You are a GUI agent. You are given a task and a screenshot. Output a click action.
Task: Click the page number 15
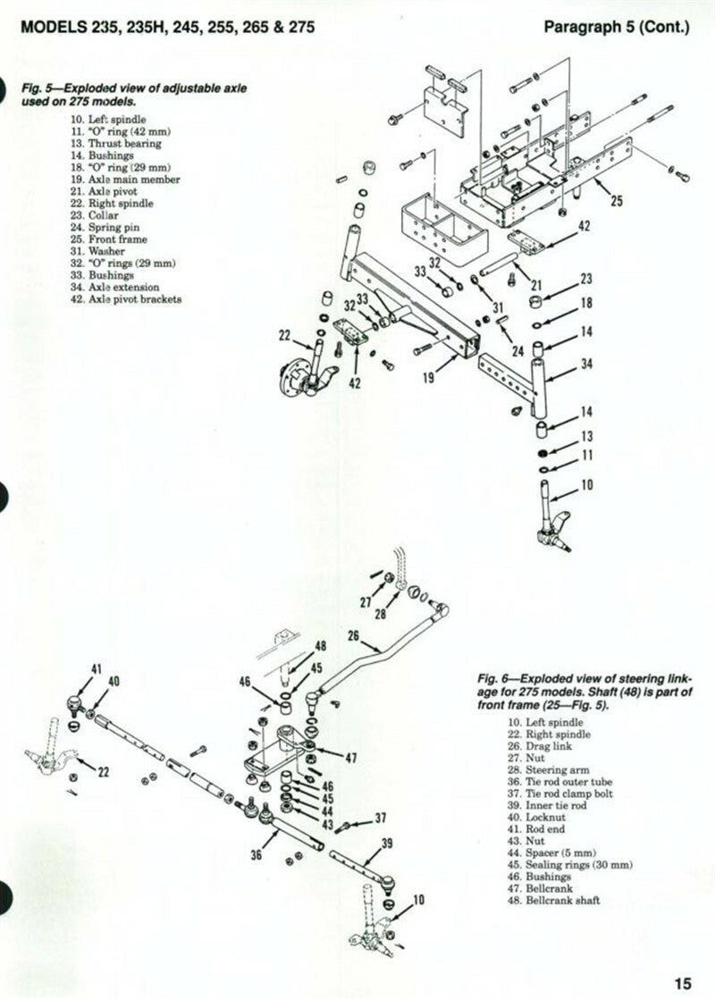coord(683,983)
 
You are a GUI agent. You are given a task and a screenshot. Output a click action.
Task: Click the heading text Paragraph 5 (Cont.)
coord(617,27)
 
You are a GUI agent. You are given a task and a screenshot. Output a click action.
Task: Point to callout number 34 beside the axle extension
coord(586,364)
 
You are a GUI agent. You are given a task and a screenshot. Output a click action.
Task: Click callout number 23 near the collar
coord(586,279)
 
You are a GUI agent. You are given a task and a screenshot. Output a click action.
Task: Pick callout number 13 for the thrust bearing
coord(586,436)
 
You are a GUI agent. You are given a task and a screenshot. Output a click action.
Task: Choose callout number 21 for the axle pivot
coord(536,285)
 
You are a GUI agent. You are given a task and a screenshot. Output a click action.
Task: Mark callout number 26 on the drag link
coord(352,637)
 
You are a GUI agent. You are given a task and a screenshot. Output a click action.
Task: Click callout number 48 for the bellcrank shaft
coord(320,645)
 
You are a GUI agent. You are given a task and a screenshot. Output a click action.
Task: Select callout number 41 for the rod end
coord(97,668)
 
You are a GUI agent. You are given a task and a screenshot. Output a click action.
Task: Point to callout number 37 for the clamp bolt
coord(380,817)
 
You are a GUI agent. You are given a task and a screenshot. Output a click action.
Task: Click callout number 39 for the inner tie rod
coord(387,843)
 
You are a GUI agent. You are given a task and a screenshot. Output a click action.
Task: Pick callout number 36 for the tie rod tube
coord(257,855)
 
